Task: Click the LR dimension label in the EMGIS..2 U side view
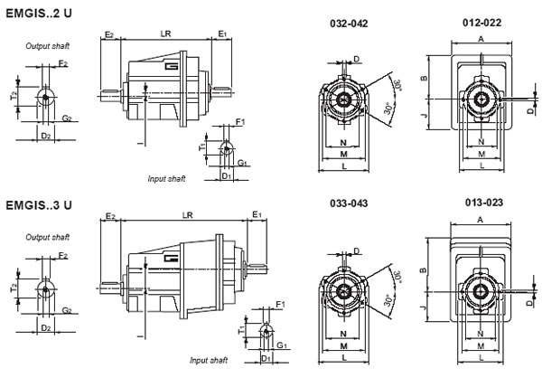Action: tap(166, 33)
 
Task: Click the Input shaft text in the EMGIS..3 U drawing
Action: tap(208, 360)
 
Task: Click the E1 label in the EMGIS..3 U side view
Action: tap(257, 215)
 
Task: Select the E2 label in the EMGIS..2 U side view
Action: tap(108, 33)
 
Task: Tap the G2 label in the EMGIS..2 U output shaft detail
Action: tap(68, 118)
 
